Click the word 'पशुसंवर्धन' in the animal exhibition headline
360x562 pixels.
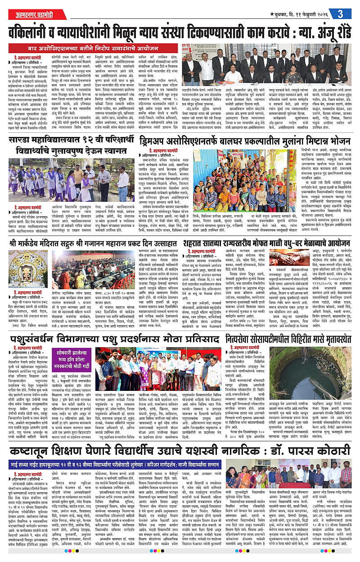pos(33,337)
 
